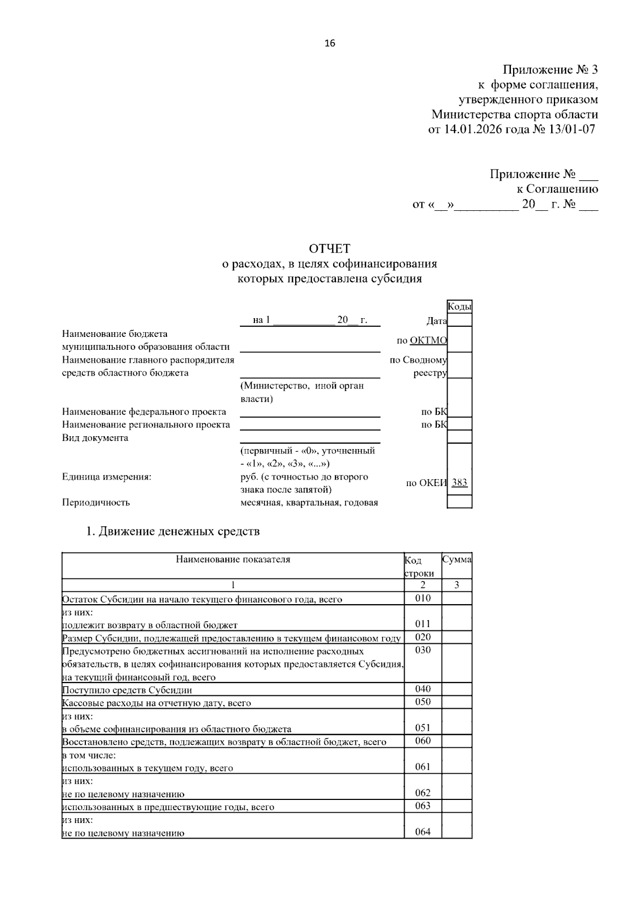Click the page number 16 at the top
point(330,43)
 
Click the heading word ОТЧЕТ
point(330,248)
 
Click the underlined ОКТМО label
point(428,340)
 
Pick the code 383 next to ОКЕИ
point(459,482)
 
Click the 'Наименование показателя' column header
point(233,560)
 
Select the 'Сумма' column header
point(457,560)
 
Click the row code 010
point(423,598)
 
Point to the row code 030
point(423,650)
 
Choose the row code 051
point(423,728)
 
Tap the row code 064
point(423,832)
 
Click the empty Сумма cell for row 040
point(457,689)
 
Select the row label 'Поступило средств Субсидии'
point(127,690)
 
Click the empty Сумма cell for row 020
point(457,637)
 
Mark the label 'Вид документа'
point(95,438)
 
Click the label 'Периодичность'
point(96,503)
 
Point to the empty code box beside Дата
point(459,320)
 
